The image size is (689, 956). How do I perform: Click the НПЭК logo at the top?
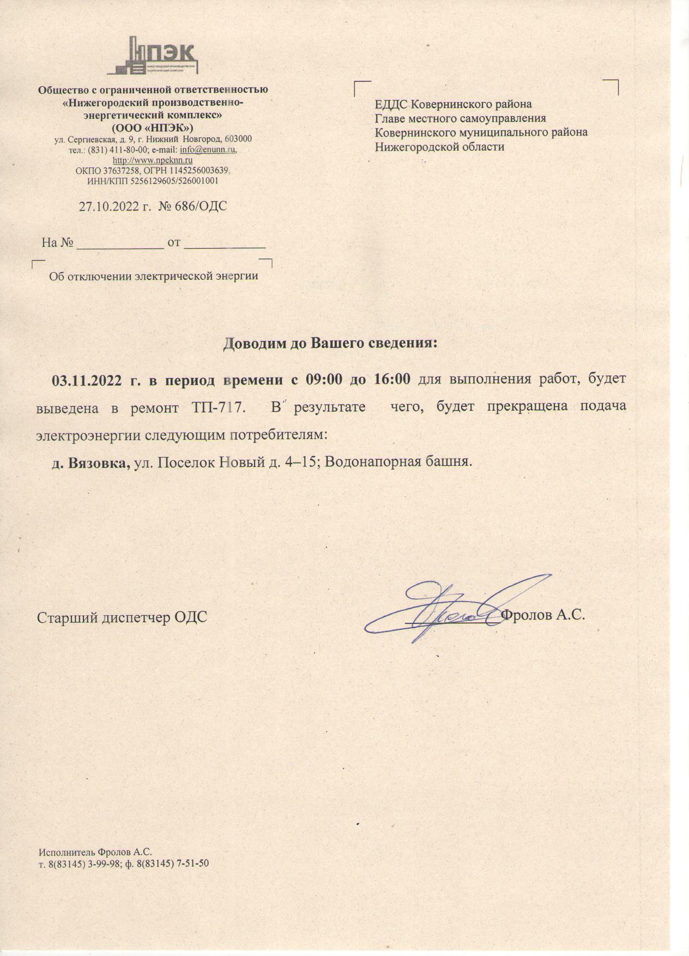click(153, 55)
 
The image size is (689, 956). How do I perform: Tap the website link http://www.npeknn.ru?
click(153, 160)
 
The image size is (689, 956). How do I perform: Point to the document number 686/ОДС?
click(200, 207)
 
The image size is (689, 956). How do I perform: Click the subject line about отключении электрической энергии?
click(153, 276)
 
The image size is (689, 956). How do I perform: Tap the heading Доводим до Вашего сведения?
click(331, 344)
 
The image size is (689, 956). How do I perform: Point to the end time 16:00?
click(392, 380)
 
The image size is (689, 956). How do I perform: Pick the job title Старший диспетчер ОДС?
click(122, 617)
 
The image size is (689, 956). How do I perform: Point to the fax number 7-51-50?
click(191, 863)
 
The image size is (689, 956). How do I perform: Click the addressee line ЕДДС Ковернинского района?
click(453, 104)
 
